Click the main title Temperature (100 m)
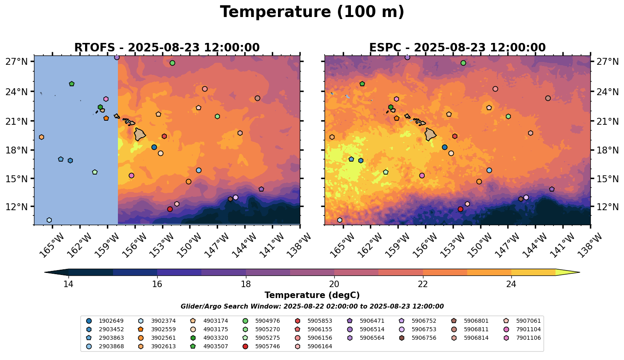tap(312, 12)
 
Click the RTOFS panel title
tap(167, 48)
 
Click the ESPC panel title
tap(457, 48)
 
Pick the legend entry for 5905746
tap(267, 346)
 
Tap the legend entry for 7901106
tap(528, 338)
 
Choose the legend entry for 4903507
tap(215, 346)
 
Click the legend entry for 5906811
tap(476, 329)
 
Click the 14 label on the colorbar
tap(68, 284)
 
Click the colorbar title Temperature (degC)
tap(312, 295)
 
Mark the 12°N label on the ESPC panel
tap(606, 207)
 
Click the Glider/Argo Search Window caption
tap(312, 307)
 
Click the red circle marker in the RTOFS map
tap(170, 209)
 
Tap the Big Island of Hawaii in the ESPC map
tap(430, 134)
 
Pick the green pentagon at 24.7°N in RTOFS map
tap(72, 84)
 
